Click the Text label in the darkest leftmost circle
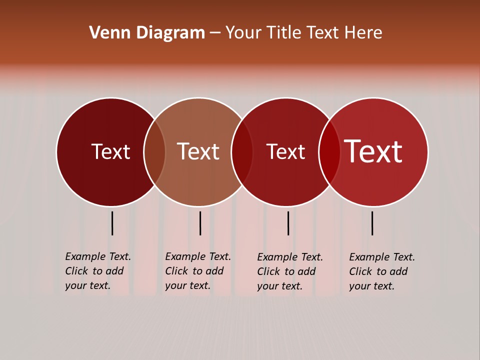click(x=110, y=151)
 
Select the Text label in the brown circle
click(x=198, y=151)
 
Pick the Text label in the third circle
click(x=285, y=151)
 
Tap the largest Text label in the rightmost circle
click(x=373, y=151)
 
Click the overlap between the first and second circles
click(x=154, y=152)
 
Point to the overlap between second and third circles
click(x=242, y=152)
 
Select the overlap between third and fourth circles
click(x=329, y=152)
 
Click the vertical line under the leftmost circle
click(x=112, y=223)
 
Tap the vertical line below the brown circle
click(x=200, y=223)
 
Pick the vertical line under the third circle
click(x=288, y=223)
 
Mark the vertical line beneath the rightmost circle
click(x=372, y=223)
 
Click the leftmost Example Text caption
click(x=98, y=271)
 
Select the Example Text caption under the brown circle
click(x=198, y=271)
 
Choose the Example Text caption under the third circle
click(x=290, y=271)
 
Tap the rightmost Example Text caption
click(x=382, y=271)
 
